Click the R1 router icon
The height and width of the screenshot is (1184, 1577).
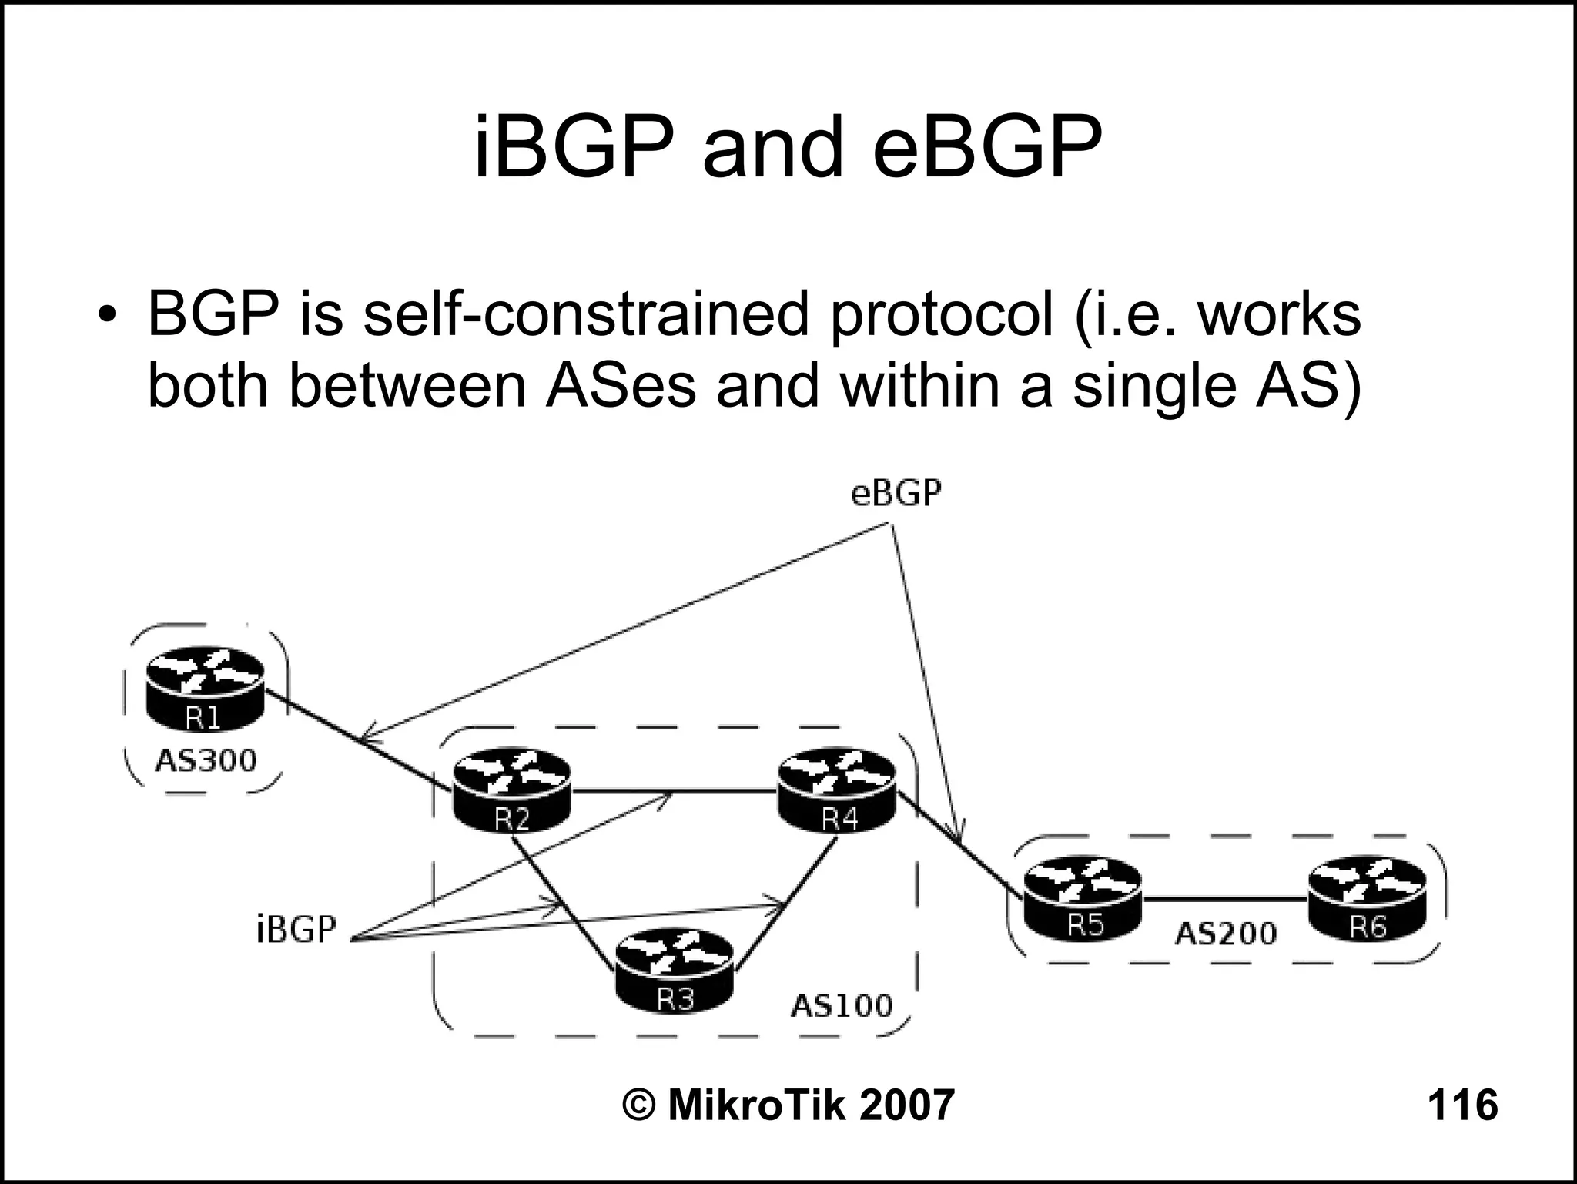coord(204,689)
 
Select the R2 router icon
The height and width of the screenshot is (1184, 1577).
coord(512,792)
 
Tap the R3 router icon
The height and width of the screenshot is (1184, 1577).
coord(675,971)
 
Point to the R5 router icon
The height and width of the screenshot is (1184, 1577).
coord(1083,898)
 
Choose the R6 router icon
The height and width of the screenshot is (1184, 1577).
coord(1367,898)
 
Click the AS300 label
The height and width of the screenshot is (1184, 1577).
coord(206,761)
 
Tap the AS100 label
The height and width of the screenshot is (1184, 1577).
coord(842,1005)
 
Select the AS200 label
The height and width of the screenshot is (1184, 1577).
coord(1225,934)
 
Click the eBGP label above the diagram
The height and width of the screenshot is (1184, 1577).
coord(896,494)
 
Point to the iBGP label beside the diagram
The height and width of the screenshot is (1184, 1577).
coord(296,930)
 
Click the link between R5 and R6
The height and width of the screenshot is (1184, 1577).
coord(1224,899)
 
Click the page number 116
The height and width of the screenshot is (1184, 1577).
coord(1462,1105)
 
